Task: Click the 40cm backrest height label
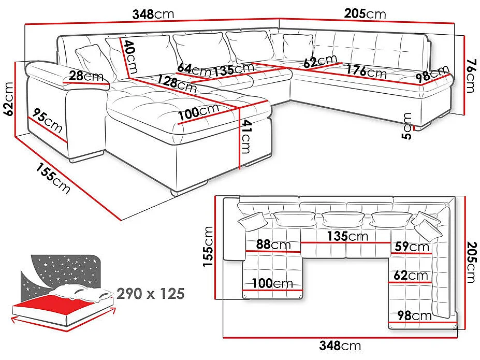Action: (x=130, y=57)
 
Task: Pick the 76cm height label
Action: (x=470, y=76)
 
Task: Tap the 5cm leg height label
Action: (x=408, y=126)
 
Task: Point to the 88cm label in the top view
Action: (x=273, y=244)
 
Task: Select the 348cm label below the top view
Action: (x=340, y=345)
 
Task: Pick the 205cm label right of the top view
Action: (x=470, y=263)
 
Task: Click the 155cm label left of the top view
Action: (x=208, y=247)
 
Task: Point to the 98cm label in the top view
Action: (x=414, y=315)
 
